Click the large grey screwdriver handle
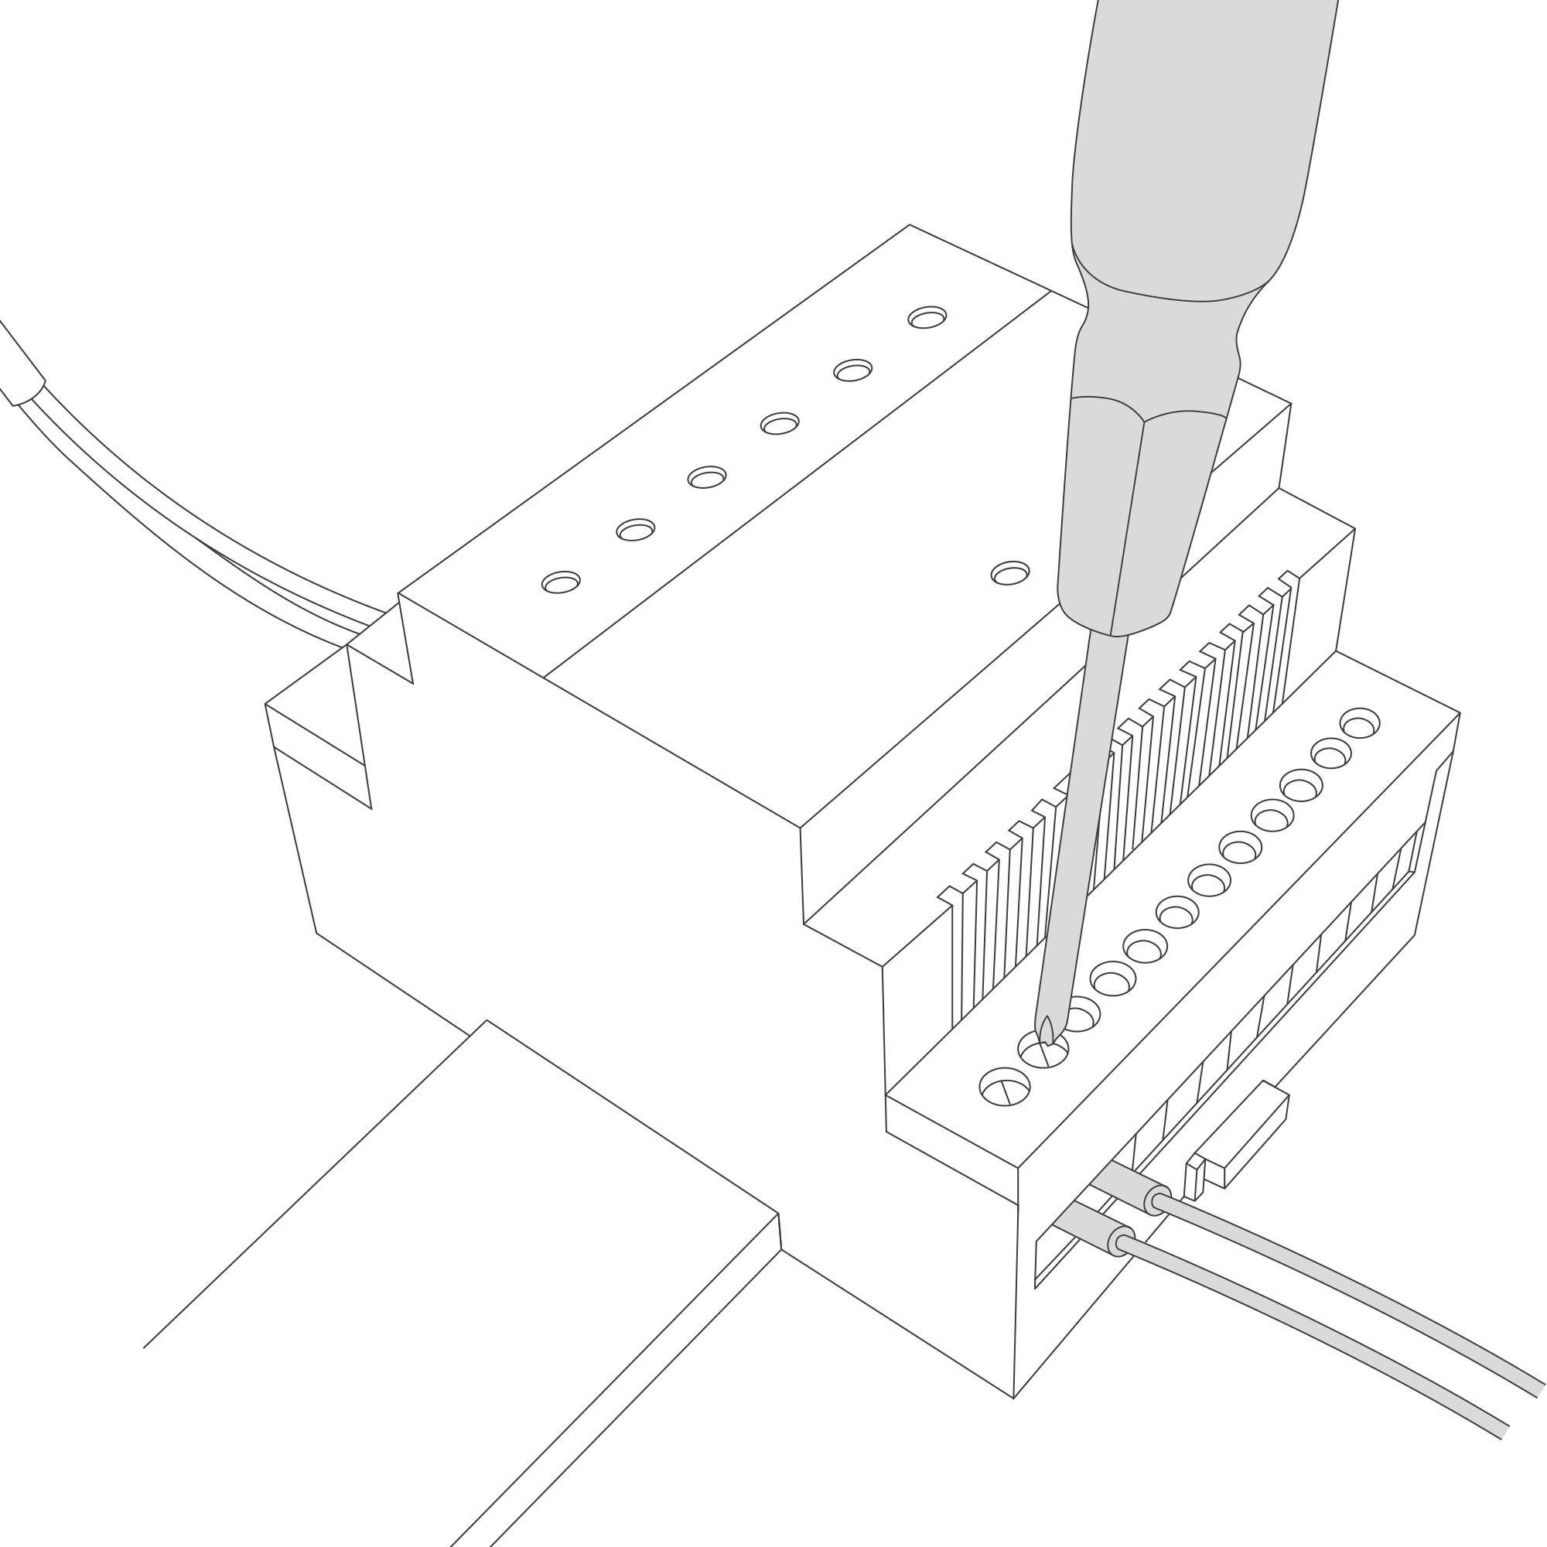(1201, 144)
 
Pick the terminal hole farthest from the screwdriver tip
(1359, 723)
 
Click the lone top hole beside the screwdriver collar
(1009, 573)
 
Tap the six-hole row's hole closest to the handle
(927, 318)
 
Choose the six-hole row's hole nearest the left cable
(562, 582)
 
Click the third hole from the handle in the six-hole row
(779, 423)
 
